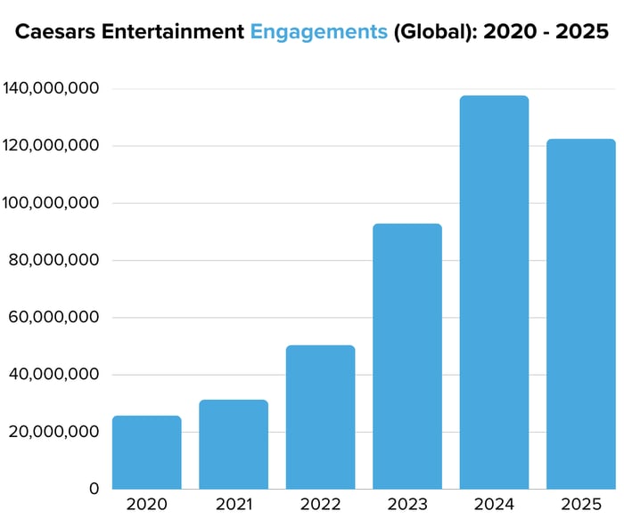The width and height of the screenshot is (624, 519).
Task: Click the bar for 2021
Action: coord(234,444)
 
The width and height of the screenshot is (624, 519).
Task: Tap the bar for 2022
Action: coord(320,418)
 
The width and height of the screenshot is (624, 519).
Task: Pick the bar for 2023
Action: coord(407,356)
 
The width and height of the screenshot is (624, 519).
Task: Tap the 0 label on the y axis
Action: coord(94,489)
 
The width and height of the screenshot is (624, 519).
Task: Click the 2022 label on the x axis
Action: coord(320,504)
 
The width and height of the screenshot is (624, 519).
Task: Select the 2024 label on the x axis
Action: coord(494,504)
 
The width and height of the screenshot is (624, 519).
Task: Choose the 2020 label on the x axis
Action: coord(146,504)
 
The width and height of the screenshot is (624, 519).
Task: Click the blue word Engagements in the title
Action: coord(318,33)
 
